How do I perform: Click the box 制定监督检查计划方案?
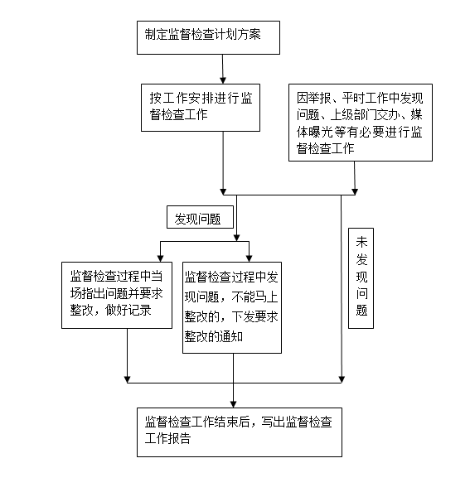(x=208, y=37)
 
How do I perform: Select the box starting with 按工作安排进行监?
(x=201, y=108)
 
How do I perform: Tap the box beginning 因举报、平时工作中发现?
(x=361, y=123)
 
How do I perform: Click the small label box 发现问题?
(x=200, y=217)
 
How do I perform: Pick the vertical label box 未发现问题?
(x=361, y=278)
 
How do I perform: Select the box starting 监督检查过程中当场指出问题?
(x=117, y=295)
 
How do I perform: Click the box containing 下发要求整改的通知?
(x=232, y=308)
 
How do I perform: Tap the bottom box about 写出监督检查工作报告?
(x=240, y=432)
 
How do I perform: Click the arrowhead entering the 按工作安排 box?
(x=223, y=80)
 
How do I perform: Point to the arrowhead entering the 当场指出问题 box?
(x=161, y=258)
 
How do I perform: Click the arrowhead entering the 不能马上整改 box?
(x=250, y=258)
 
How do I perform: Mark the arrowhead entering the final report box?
(x=233, y=404)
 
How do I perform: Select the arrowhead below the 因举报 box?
(x=355, y=191)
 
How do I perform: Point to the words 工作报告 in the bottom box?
(x=167, y=438)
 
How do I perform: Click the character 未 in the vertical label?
(x=361, y=242)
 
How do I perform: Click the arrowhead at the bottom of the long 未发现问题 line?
(x=342, y=379)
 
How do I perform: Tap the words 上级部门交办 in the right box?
(x=365, y=115)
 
